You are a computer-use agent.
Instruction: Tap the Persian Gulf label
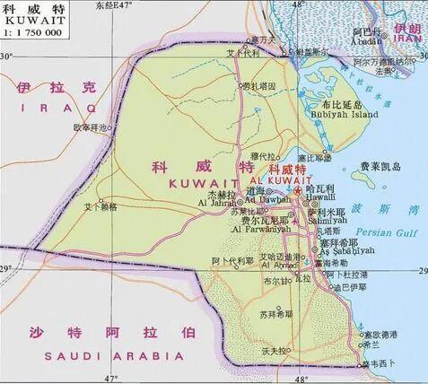[394, 231]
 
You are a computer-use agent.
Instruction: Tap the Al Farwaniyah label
[260, 230]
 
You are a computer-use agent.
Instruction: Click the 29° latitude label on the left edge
[7, 269]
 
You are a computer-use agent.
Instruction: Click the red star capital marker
[297, 190]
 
